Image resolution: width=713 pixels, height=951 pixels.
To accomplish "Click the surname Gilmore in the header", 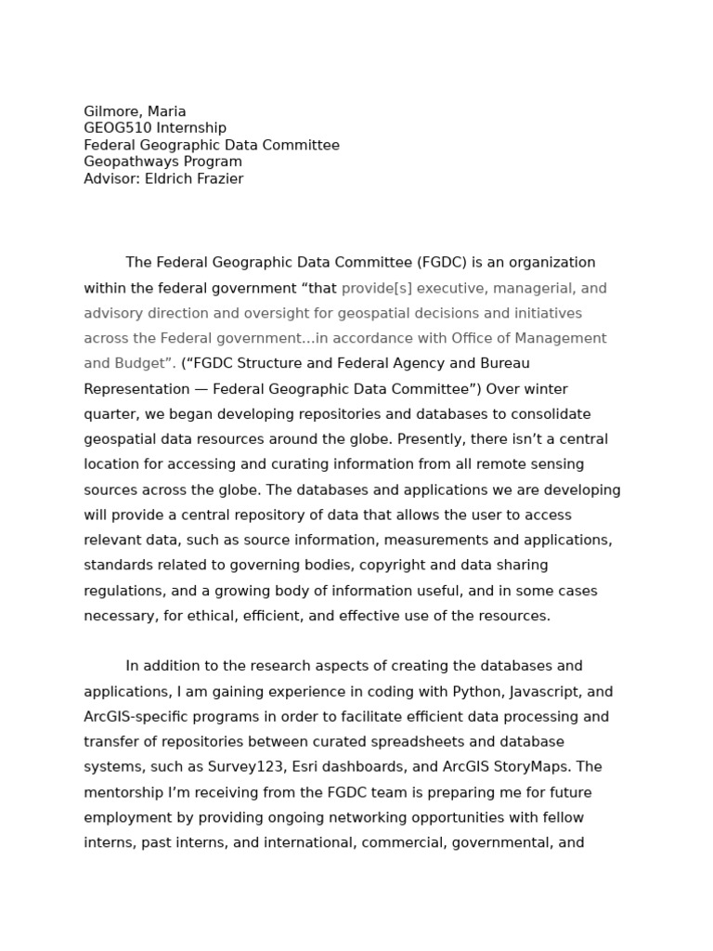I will click(112, 111).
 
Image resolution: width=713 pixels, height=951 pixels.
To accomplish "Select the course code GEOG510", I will click(117, 128).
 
